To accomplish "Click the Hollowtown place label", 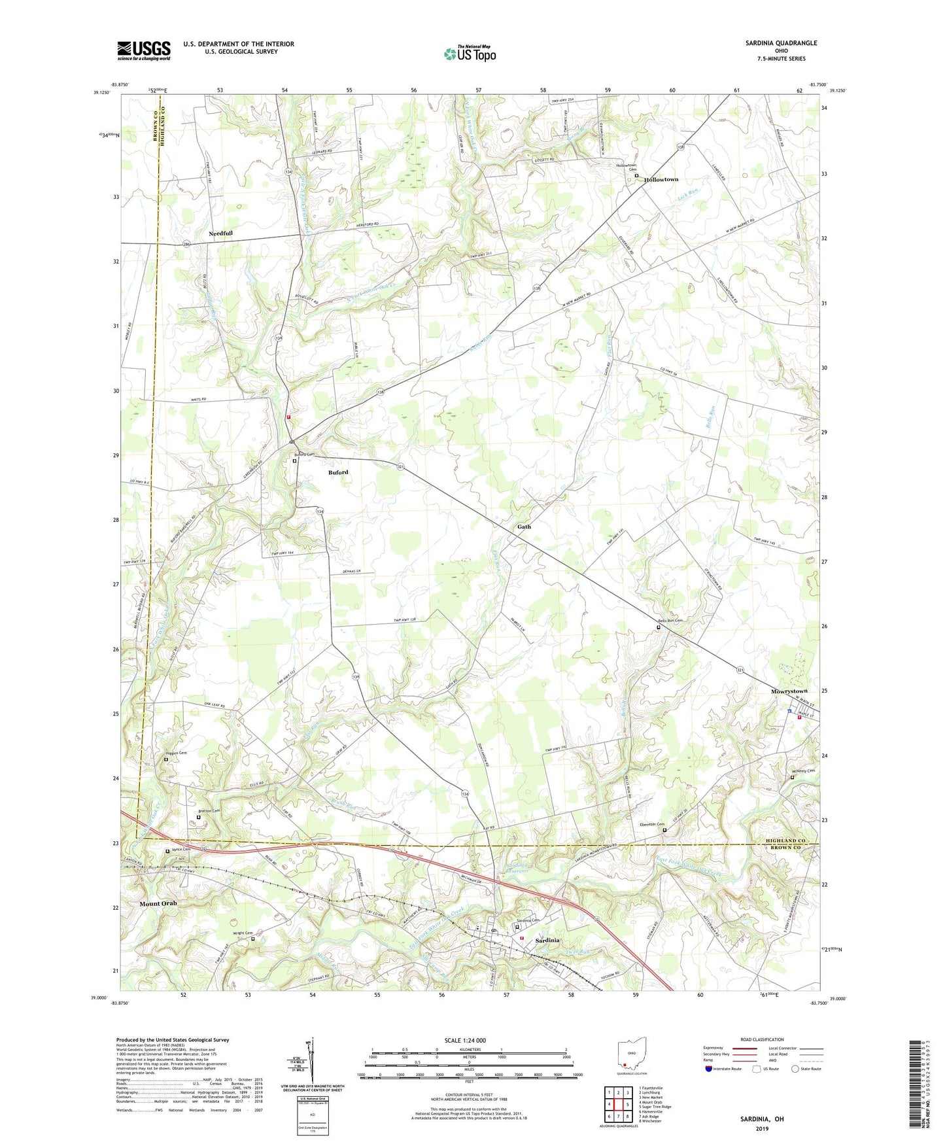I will [x=661, y=179].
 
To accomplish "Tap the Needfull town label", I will [x=220, y=233].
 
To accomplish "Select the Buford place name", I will [x=338, y=472].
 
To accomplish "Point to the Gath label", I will [x=524, y=527].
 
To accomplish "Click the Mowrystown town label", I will [x=789, y=691].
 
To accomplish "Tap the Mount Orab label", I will [x=158, y=903].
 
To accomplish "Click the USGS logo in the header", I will [x=144, y=50].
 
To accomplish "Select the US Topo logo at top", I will [x=469, y=54].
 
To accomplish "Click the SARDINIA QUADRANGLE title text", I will [x=781, y=43].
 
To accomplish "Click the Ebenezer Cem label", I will [x=651, y=824].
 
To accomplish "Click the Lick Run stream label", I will [x=689, y=194].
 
